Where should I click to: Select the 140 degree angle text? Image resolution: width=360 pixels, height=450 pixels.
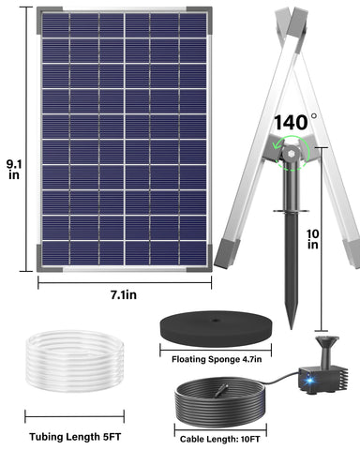point(295,121)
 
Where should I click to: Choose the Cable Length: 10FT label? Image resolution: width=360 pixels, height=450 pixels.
point(221,436)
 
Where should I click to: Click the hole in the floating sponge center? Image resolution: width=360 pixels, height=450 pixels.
point(215,322)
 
